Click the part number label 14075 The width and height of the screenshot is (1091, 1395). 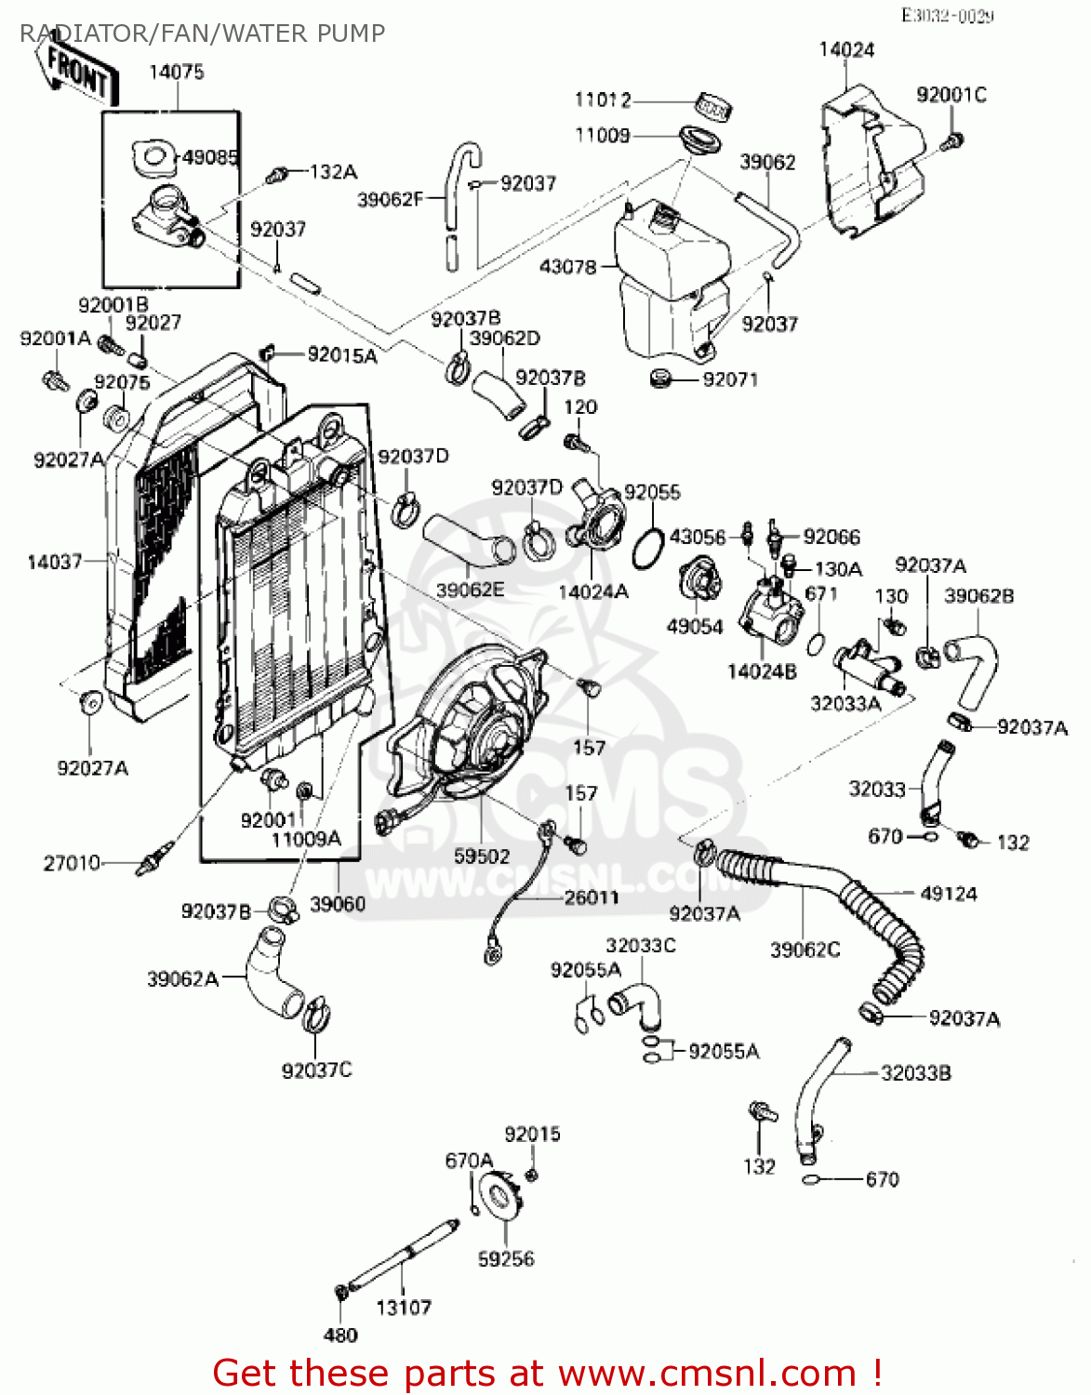pyautogui.click(x=177, y=73)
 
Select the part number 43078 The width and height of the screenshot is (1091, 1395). pyautogui.click(x=567, y=267)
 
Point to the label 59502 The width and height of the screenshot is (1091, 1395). pyautogui.click(x=482, y=856)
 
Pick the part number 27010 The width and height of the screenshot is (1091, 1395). pyautogui.click(x=72, y=863)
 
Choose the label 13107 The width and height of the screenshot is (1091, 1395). pyautogui.click(x=404, y=1308)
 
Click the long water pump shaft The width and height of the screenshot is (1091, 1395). pyautogui.click(x=400, y=1255)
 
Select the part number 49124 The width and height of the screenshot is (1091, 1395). pyautogui.click(x=949, y=894)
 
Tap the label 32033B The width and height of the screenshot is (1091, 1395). pyautogui.click(x=916, y=1073)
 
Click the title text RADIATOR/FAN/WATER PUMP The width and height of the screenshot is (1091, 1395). pyautogui.click(x=202, y=33)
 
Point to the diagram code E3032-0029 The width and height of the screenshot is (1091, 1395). pyautogui.click(x=947, y=16)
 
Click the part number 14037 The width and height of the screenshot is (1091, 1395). pyautogui.click(x=55, y=562)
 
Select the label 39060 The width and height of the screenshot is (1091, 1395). pyautogui.click(x=338, y=904)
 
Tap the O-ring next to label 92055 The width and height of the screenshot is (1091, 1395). pyautogui.click(x=647, y=549)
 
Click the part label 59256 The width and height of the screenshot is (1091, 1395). pyautogui.click(x=506, y=1259)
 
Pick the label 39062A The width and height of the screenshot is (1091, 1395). pyautogui.click(x=182, y=978)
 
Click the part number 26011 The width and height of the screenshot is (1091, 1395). pyautogui.click(x=592, y=897)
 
